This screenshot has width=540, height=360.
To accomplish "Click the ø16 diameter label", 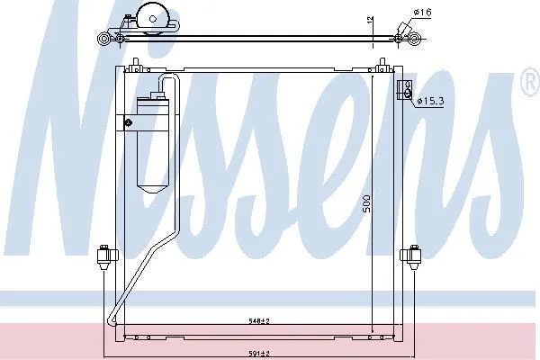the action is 422,13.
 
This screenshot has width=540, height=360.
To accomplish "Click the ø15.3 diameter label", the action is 430,101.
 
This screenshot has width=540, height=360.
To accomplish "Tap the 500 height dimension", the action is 367,203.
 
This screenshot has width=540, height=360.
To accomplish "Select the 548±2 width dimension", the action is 259,321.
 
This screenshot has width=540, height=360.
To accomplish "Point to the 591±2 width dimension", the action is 259,354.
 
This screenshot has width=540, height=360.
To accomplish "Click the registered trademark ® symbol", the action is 531,82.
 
